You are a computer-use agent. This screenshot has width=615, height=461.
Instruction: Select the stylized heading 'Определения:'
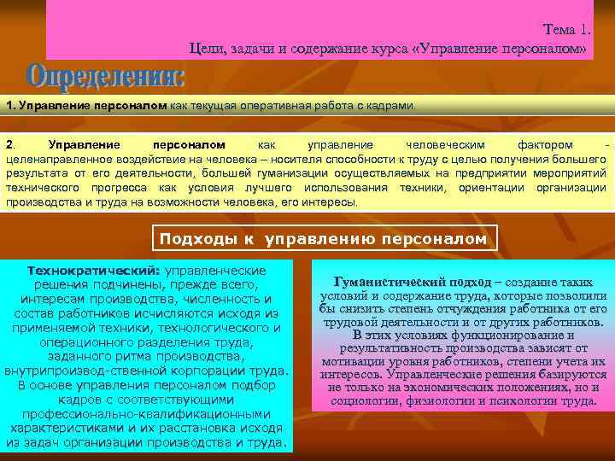pos(106,78)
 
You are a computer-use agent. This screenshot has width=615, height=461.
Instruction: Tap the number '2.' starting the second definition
pos(10,145)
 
